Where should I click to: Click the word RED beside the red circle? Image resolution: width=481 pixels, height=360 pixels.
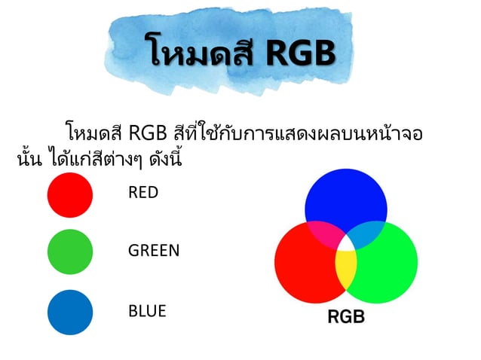tap(143, 193)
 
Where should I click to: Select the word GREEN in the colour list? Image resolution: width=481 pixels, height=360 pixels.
tap(154, 251)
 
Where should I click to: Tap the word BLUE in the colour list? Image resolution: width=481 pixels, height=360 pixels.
tap(147, 310)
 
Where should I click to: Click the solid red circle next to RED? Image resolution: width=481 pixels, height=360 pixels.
tap(69, 194)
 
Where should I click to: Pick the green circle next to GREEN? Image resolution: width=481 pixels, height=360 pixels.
tap(69, 251)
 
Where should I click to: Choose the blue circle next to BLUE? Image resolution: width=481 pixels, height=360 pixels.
tap(69, 312)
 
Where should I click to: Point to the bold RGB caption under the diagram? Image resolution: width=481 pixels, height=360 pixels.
tap(345, 317)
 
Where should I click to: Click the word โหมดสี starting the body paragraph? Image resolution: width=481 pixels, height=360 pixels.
tap(94, 134)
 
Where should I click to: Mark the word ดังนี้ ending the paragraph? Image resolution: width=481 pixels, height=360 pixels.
tap(162, 160)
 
